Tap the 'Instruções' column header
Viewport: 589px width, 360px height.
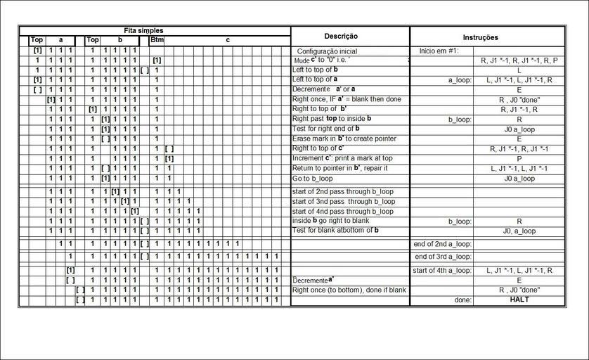481,37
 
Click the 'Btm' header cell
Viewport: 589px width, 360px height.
156,41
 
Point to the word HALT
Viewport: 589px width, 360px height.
519,300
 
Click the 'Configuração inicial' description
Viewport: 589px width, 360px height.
328,51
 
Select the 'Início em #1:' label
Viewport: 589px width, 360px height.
439,51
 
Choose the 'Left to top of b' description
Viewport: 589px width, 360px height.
315,70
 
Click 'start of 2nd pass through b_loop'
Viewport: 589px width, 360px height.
342,191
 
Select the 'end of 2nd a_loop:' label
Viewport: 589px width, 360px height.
441,244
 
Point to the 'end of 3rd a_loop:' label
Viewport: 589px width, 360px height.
441,257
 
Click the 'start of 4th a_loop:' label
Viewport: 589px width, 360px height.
442,270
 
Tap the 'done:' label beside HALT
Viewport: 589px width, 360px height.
462,300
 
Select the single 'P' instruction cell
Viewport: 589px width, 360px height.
519,159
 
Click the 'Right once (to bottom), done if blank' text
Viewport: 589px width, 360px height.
349,290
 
